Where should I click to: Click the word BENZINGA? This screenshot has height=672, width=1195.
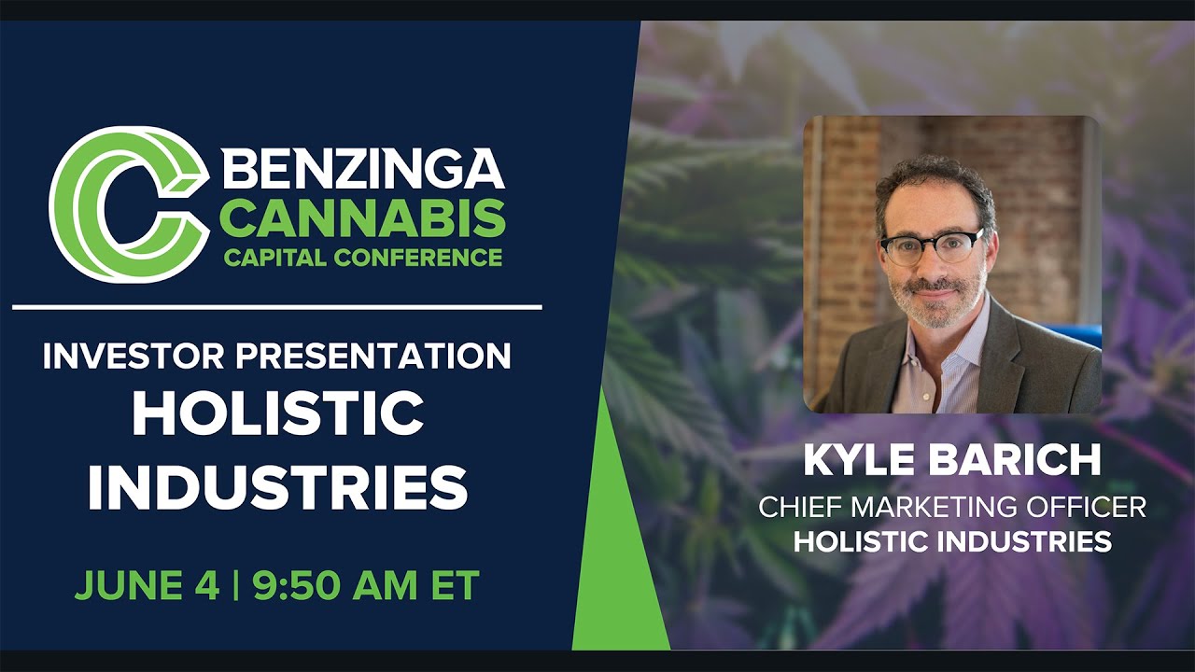364,170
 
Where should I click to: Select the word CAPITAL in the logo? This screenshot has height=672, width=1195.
267,257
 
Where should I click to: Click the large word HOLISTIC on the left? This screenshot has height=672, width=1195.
277,414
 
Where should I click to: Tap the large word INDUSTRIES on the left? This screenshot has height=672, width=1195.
277,486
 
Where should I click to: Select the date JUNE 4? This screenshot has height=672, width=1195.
147,585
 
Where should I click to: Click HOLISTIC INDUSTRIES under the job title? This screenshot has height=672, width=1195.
952,541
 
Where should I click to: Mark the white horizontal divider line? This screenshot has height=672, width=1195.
277,306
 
